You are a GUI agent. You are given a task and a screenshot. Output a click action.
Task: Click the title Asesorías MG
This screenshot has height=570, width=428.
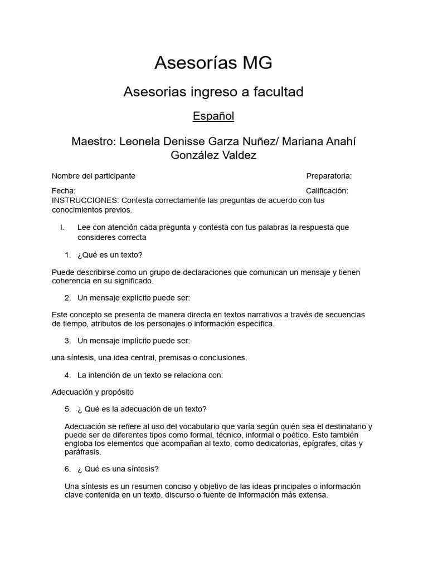pos(213,63)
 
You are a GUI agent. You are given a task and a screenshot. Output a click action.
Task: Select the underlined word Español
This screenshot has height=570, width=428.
pos(213,116)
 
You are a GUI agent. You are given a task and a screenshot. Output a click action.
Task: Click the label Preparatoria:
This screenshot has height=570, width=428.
pos(329,176)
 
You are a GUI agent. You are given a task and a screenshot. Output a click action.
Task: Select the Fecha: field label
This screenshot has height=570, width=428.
pos(64,190)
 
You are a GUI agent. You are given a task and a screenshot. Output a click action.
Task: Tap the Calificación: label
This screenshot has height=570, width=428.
pos(327,190)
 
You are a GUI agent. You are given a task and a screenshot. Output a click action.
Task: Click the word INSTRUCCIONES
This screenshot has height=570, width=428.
pos(85,200)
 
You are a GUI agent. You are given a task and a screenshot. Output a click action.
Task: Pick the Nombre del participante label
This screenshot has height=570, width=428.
pos(94,176)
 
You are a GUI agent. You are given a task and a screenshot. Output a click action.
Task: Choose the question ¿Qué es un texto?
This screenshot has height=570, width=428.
pos(110,255)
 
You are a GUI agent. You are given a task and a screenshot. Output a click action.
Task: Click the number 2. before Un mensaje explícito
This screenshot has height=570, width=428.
pos(67,297)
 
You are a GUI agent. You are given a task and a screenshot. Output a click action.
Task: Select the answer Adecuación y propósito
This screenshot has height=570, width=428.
pos(93,392)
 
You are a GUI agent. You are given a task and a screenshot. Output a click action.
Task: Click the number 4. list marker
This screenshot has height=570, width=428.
pos(67,375)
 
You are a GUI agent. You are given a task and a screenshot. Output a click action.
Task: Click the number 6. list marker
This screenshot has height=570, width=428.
pos(67,469)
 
